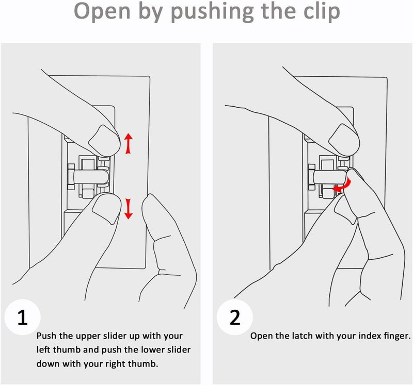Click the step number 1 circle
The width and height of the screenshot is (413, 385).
click(23, 317)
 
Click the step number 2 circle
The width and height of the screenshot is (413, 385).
click(235, 317)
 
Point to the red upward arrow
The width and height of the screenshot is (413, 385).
click(129, 143)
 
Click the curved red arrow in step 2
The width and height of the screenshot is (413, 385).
click(343, 185)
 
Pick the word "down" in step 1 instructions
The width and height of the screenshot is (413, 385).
click(47, 363)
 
